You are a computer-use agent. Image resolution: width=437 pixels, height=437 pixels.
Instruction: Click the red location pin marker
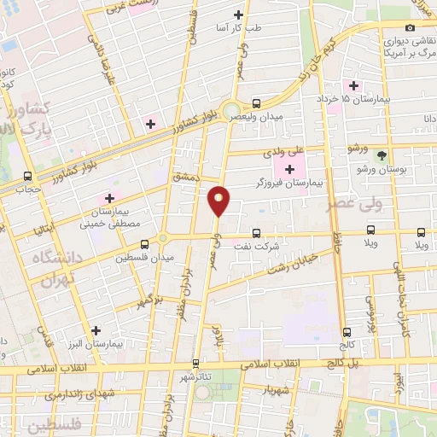(x=219, y=201)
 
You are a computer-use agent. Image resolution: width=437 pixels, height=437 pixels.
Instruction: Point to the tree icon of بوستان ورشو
(x=382, y=155)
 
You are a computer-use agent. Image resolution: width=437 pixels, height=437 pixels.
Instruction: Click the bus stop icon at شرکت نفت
(x=256, y=233)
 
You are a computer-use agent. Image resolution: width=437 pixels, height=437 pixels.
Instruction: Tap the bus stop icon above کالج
(x=346, y=332)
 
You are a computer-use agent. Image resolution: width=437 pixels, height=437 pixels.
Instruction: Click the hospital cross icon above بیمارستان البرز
(x=96, y=329)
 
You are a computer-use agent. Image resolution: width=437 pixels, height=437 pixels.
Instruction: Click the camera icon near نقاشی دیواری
(x=410, y=27)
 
